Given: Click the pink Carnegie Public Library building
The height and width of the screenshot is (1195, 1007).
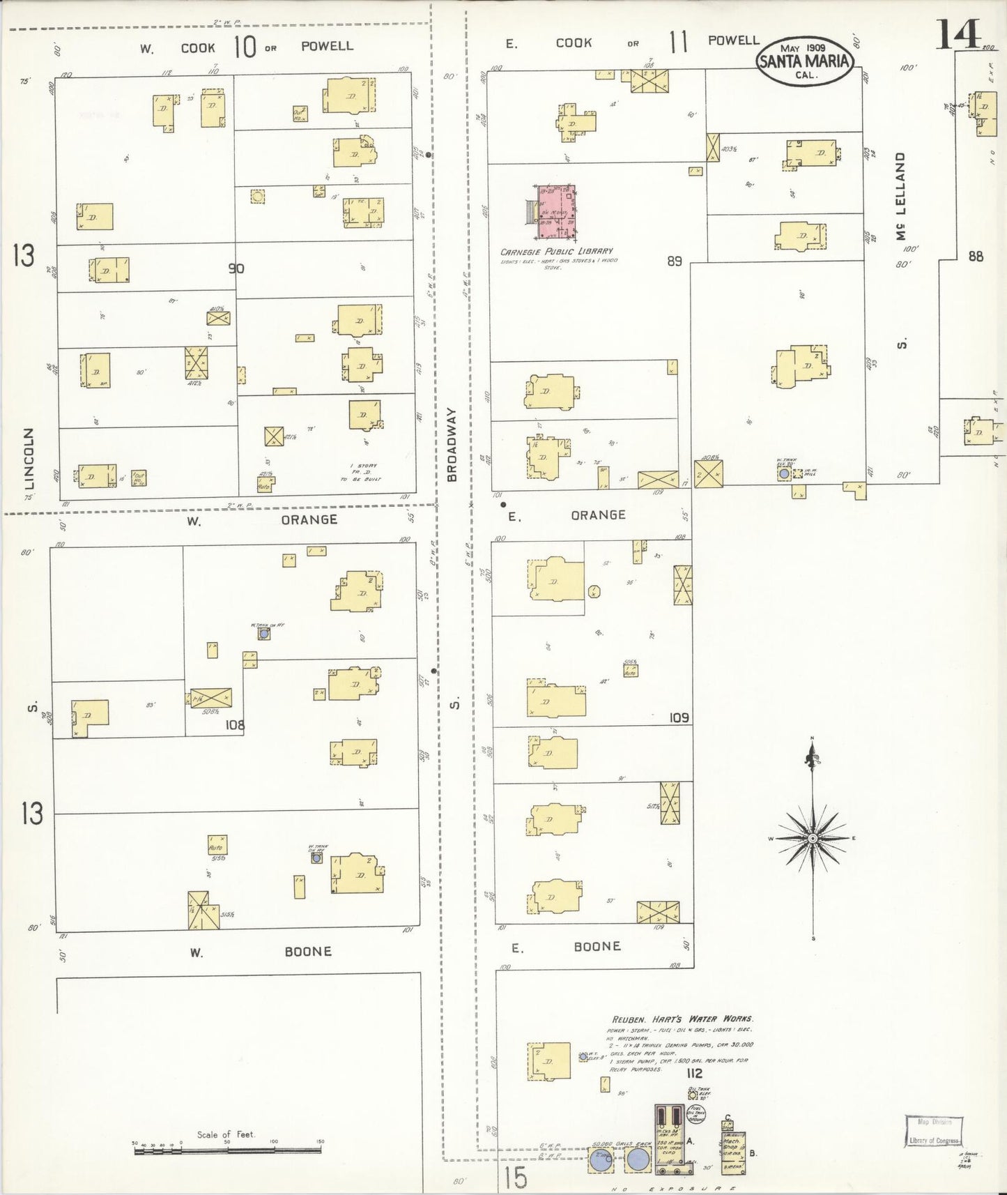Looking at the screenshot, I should (x=556, y=214).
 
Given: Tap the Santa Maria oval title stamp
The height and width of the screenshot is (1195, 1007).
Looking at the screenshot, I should (x=806, y=61).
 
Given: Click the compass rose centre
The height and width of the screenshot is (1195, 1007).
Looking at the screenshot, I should (x=812, y=837).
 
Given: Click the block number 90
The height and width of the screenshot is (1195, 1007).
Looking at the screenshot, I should (x=237, y=268).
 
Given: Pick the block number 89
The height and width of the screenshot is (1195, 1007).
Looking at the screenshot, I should (x=674, y=262).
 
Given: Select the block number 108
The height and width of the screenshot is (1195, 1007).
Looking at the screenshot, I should (x=235, y=725).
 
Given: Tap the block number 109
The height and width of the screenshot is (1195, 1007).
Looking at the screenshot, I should (x=679, y=717).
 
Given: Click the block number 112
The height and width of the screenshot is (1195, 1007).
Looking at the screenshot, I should (x=693, y=1073).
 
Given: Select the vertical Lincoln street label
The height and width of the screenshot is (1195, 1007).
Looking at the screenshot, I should (x=28, y=458).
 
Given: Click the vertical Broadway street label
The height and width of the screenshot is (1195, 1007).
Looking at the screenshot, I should (x=452, y=445).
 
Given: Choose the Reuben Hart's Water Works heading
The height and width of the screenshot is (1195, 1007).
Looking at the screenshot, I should (x=682, y=1019).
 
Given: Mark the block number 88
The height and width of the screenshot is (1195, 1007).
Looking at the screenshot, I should (x=976, y=257).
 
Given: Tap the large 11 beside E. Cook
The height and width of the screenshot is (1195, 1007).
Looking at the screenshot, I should (x=679, y=43).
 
